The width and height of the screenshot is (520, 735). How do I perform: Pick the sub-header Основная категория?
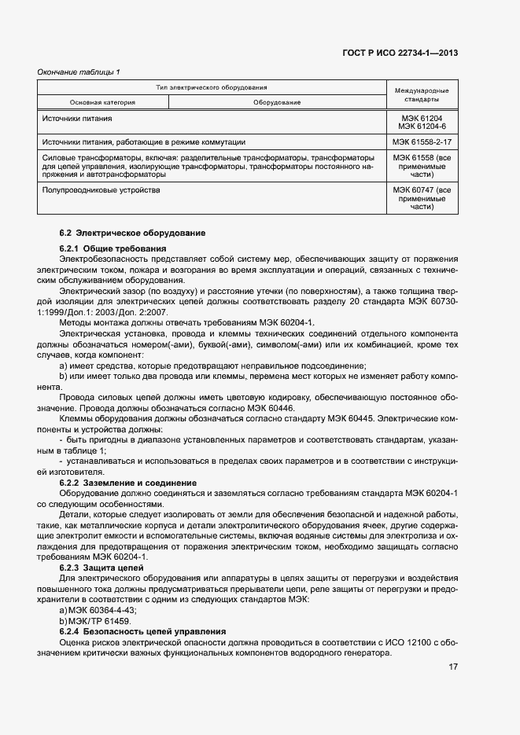(102, 102)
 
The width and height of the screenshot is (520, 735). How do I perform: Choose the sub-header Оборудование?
(277, 102)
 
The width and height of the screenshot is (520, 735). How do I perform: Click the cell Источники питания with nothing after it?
(76, 118)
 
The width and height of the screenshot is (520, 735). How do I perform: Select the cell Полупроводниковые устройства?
(101, 190)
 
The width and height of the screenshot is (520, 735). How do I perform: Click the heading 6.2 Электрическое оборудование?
(132, 233)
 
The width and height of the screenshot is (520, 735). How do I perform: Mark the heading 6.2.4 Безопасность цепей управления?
(142, 631)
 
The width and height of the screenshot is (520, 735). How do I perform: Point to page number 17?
(453, 667)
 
